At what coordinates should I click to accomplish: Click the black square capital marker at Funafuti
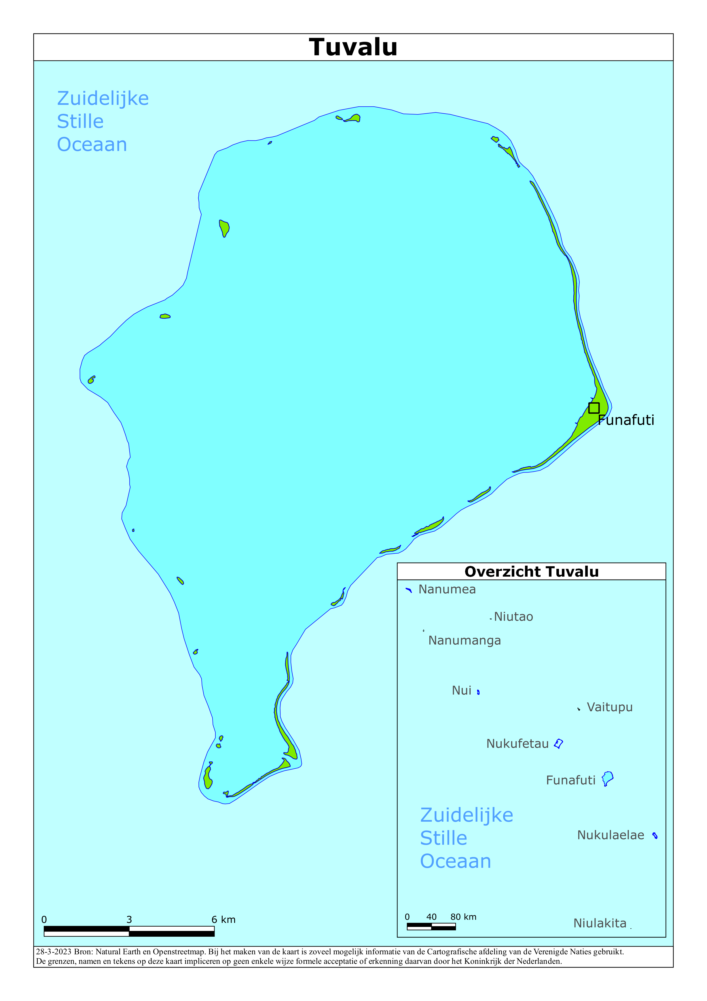click(x=594, y=408)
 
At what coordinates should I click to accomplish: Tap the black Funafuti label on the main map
click(x=626, y=420)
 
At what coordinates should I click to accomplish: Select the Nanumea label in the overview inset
click(x=447, y=589)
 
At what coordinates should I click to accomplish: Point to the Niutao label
click(x=513, y=617)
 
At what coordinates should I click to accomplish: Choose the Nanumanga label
click(x=464, y=640)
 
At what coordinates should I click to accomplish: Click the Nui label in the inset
click(x=461, y=690)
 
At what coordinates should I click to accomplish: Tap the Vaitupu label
click(x=609, y=707)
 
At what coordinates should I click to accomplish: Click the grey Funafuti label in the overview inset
click(x=571, y=780)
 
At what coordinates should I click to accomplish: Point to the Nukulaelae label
click(x=610, y=835)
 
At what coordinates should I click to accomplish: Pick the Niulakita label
click(x=600, y=923)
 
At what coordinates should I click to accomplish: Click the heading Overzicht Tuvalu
click(x=531, y=571)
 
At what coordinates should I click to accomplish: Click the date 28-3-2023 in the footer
click(x=54, y=952)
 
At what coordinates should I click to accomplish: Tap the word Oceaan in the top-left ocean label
click(x=92, y=145)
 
